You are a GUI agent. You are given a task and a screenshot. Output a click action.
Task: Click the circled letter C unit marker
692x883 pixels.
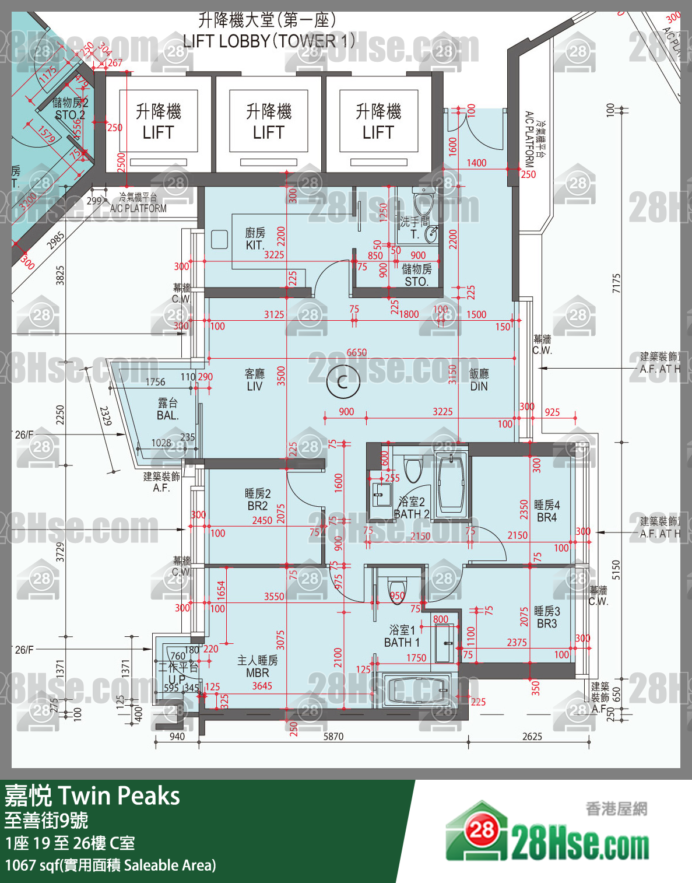coord(343,383)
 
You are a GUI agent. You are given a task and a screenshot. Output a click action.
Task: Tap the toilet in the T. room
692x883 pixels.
coord(423,202)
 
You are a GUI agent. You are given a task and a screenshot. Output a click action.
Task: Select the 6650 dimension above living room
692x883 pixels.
coord(356,352)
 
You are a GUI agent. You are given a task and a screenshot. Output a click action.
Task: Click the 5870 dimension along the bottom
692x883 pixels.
coord(333,737)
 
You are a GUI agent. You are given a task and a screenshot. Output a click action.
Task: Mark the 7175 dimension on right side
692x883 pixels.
coord(617,283)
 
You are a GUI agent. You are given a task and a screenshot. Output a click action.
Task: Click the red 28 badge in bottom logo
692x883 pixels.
coord(481,830)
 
